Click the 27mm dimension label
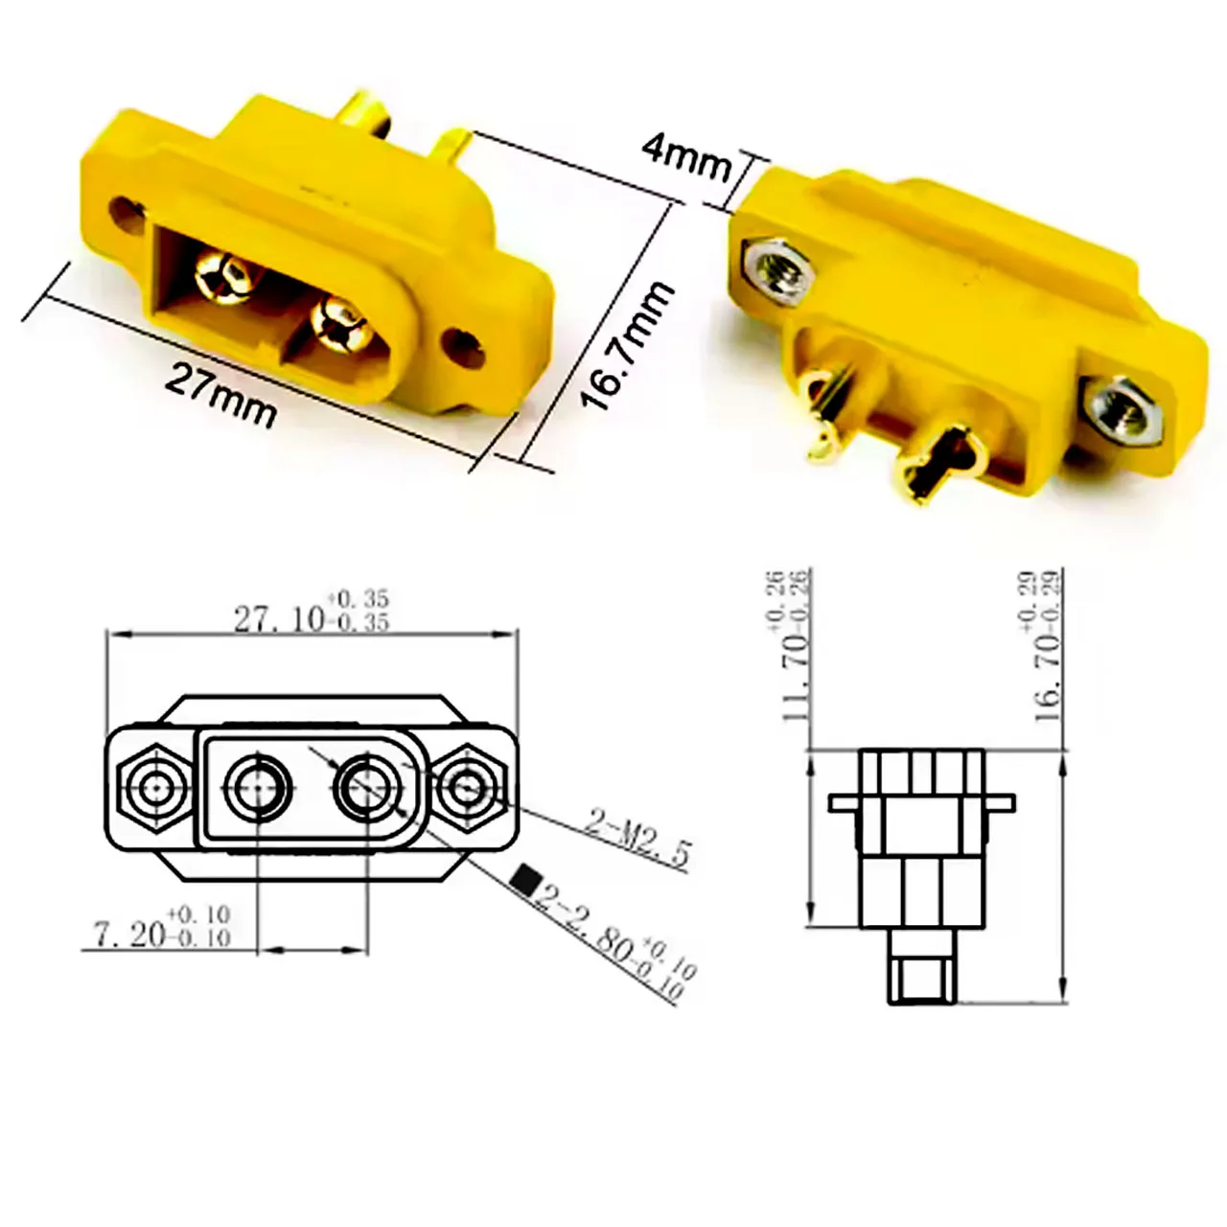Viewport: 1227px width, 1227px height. (220, 393)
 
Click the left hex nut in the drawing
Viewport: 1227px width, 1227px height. (154, 788)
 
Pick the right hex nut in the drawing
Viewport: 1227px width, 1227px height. (468, 788)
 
